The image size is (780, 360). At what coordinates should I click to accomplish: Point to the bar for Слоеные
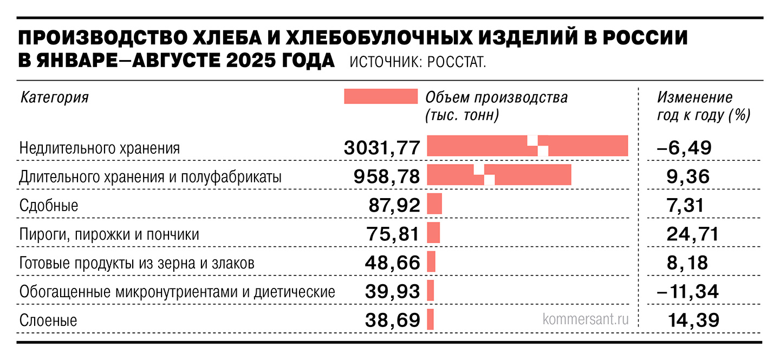[x=431, y=319]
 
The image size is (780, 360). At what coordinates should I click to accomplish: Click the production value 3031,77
[x=382, y=147]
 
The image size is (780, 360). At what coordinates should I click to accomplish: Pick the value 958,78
[x=388, y=176]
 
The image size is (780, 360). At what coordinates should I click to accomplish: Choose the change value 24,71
[x=691, y=234]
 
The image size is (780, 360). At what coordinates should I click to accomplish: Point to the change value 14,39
[x=691, y=320]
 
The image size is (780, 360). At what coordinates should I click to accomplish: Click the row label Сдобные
[x=49, y=206]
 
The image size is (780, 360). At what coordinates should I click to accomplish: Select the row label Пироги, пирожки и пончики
[x=109, y=235]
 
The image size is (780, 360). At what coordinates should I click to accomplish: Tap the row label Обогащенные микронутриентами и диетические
[x=177, y=292]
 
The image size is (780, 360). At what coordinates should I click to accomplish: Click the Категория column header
[x=54, y=97]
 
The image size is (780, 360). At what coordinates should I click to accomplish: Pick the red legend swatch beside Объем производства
[x=381, y=96]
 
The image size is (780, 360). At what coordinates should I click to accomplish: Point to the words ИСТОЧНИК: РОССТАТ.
[x=418, y=62]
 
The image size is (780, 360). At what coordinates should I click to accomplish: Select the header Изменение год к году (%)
[x=703, y=106]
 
